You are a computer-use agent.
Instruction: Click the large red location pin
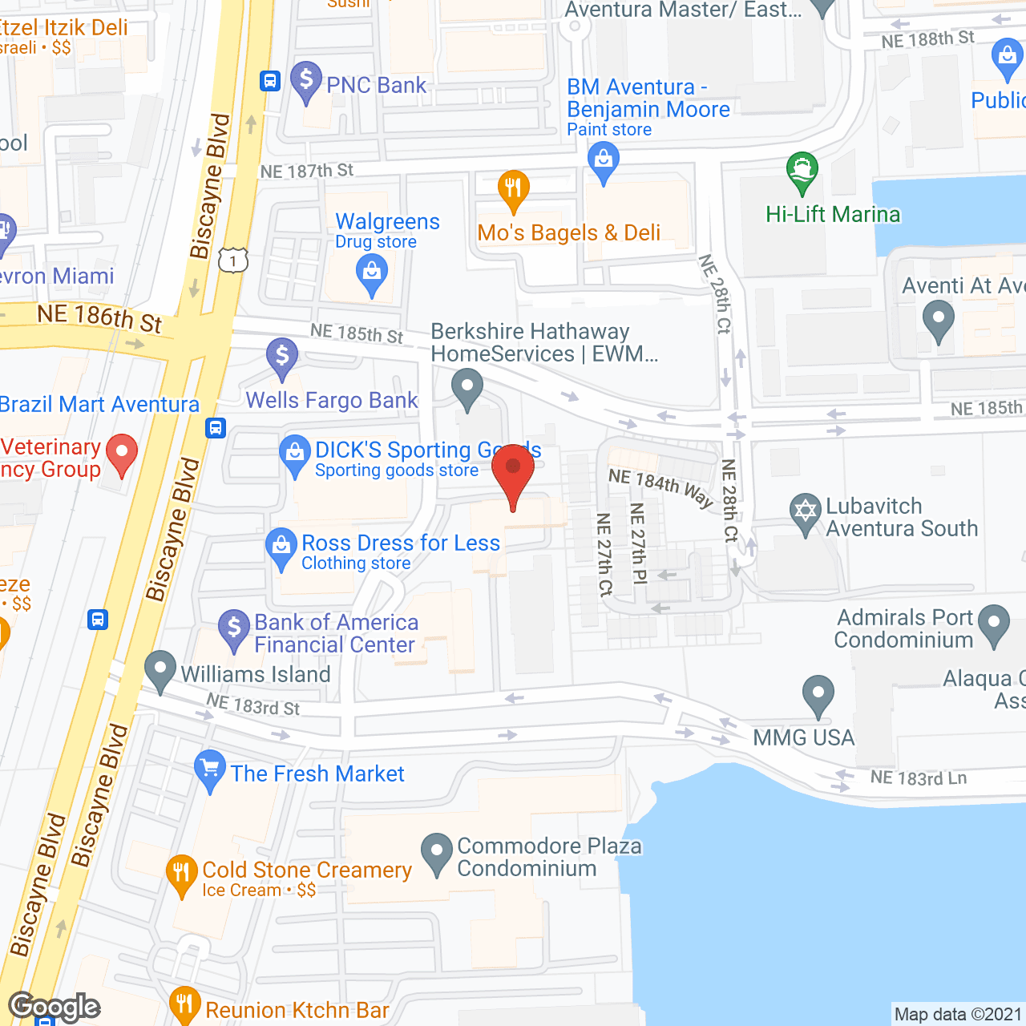pos(513,473)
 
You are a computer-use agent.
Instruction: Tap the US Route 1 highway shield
pos(233,261)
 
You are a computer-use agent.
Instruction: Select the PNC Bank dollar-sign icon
pos(305,81)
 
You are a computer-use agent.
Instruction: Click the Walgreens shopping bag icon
pos(371,273)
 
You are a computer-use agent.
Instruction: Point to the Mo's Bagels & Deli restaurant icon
pos(513,189)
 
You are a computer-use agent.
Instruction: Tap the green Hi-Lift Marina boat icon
pos(802,171)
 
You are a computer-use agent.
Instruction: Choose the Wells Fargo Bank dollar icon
pos(282,357)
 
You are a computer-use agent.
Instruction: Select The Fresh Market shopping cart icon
pos(209,769)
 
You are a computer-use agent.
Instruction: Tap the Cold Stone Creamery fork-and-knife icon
pos(182,873)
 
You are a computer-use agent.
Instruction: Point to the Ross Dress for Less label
pos(400,543)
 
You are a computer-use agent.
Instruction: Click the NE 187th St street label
pos(307,171)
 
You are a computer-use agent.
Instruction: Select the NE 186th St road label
pos(99,317)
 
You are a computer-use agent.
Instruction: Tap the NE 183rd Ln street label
pos(919,778)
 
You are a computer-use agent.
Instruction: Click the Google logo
pos(55,1007)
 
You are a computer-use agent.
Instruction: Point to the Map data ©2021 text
pos(958,1015)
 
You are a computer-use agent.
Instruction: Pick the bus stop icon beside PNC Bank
pos(269,81)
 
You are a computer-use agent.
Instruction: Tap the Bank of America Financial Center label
pos(336,633)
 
